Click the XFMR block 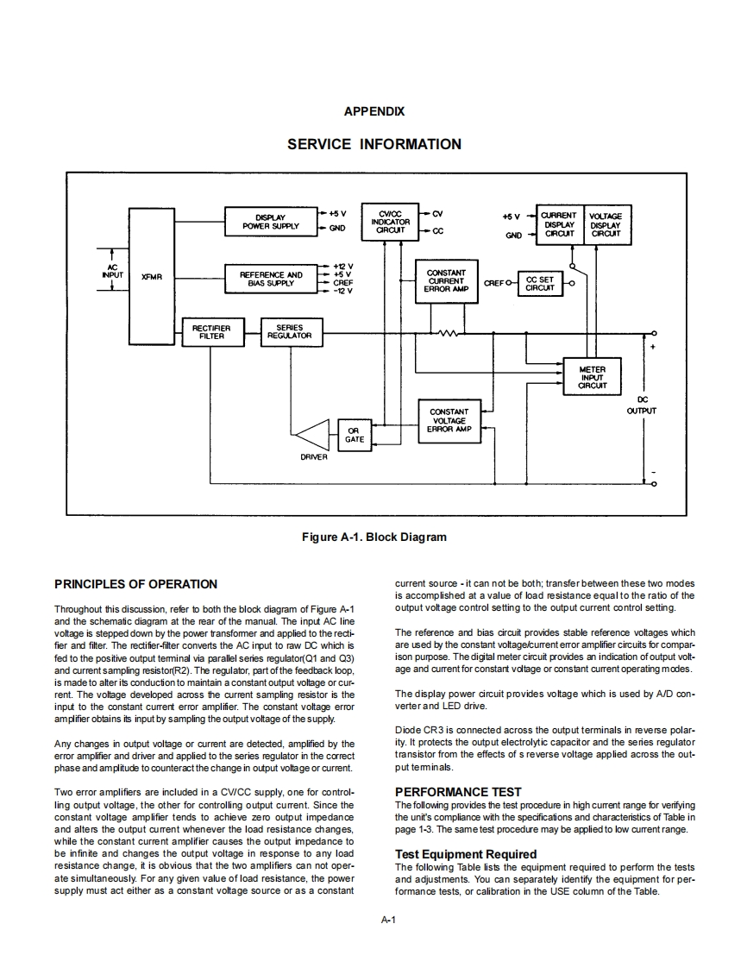151,276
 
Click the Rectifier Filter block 211,332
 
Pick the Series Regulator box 290,332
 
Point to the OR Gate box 355,435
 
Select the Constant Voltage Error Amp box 449,420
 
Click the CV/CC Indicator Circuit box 390,222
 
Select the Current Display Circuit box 559,224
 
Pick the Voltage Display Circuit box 606,224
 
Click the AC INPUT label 112,271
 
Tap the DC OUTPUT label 641,405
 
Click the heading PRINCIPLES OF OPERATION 135,584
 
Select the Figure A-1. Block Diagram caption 373,537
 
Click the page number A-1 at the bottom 387,920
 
